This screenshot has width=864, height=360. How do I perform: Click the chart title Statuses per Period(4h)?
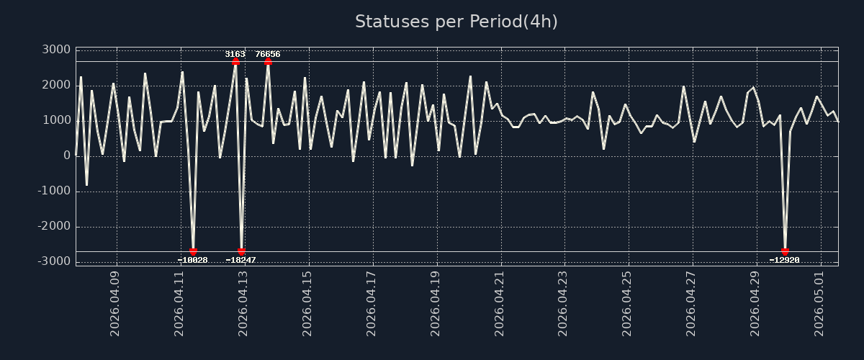tap(456, 22)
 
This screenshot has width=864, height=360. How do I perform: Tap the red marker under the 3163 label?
tap(235, 62)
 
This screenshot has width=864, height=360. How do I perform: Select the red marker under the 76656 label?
tap(268, 62)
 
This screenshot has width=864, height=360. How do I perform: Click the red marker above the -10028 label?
tap(193, 251)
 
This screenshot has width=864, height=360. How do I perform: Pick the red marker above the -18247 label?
tap(241, 251)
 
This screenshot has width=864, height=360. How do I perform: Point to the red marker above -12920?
tap(785, 251)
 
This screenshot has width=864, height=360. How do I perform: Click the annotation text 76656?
tap(268, 54)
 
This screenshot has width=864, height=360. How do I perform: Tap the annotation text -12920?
tap(784, 260)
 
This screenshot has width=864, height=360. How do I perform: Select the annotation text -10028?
tap(192, 260)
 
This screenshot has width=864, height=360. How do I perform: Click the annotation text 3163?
tap(235, 54)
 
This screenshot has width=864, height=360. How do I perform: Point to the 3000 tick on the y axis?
tap(56, 50)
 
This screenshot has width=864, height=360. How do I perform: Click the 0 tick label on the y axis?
tap(67, 156)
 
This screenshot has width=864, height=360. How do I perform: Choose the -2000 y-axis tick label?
tap(54, 226)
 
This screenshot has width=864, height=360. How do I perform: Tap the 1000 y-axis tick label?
tap(56, 120)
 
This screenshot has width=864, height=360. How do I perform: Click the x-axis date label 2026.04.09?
tap(114, 304)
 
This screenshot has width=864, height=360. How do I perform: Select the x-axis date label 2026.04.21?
tap(499, 304)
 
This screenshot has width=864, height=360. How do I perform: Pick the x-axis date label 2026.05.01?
tap(819, 304)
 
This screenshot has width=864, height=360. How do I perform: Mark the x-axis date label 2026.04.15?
tap(307, 304)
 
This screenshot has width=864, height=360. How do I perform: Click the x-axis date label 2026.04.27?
tap(690, 304)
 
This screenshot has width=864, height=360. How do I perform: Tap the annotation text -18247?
tap(240, 260)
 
